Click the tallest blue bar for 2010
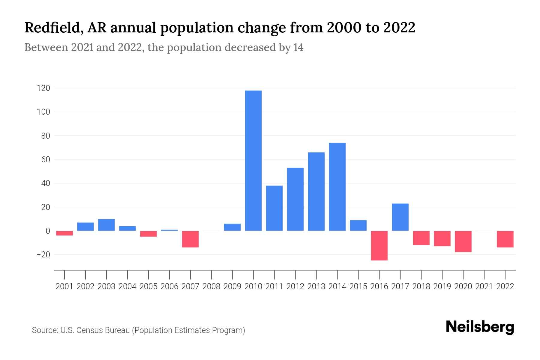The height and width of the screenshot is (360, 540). pyautogui.click(x=253, y=160)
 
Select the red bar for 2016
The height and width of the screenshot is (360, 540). pyautogui.click(x=379, y=245)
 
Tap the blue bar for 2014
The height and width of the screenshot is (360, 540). pyautogui.click(x=337, y=187)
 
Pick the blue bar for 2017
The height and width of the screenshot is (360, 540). pyautogui.click(x=400, y=217)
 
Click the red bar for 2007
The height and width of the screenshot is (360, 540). pyautogui.click(x=190, y=239)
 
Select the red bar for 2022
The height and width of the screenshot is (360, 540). pyautogui.click(x=505, y=239)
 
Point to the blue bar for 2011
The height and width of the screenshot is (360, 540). pyautogui.click(x=274, y=208)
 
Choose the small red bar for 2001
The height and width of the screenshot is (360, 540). pyautogui.click(x=64, y=233)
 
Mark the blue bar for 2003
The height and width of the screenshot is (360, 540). pyautogui.click(x=106, y=225)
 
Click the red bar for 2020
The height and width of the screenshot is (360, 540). pyautogui.click(x=463, y=241)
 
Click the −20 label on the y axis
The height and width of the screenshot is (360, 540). pyautogui.click(x=43, y=255)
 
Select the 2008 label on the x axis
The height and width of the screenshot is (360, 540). pyautogui.click(x=211, y=286)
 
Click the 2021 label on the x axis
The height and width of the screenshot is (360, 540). pyautogui.click(x=484, y=286)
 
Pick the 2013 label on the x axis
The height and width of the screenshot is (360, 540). pyautogui.click(x=316, y=286)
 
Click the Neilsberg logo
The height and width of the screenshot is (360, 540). pyautogui.click(x=480, y=327)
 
